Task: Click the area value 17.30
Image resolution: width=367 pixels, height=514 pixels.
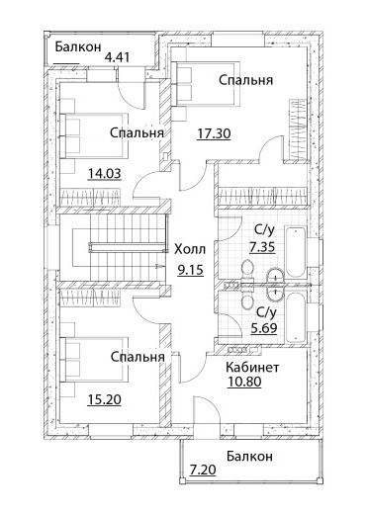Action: tap(214, 133)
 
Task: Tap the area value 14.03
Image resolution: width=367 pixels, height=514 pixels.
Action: tap(105, 173)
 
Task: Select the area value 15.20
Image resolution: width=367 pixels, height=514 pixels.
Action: tap(105, 399)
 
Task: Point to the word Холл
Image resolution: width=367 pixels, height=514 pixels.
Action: tap(190, 249)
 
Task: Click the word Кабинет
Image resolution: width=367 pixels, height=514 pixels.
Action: tap(252, 367)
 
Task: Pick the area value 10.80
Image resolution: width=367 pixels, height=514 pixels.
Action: tap(244, 382)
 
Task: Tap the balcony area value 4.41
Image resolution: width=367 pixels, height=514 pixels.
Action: tap(117, 57)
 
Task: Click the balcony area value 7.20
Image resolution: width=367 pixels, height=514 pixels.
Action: tap(203, 470)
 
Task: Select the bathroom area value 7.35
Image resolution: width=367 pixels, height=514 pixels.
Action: tap(262, 247)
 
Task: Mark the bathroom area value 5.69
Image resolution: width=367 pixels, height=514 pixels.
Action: tap(263, 328)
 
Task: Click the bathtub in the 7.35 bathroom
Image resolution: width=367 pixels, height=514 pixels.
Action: tap(296, 252)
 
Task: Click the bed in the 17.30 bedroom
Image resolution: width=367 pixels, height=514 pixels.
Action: tap(206, 84)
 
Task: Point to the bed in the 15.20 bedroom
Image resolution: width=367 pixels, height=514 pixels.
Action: tap(94, 360)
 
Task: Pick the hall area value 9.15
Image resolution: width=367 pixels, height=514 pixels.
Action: tap(191, 270)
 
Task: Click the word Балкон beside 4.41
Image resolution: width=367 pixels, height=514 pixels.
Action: tap(78, 46)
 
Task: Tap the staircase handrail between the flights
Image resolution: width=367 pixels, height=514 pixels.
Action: tap(128, 247)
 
